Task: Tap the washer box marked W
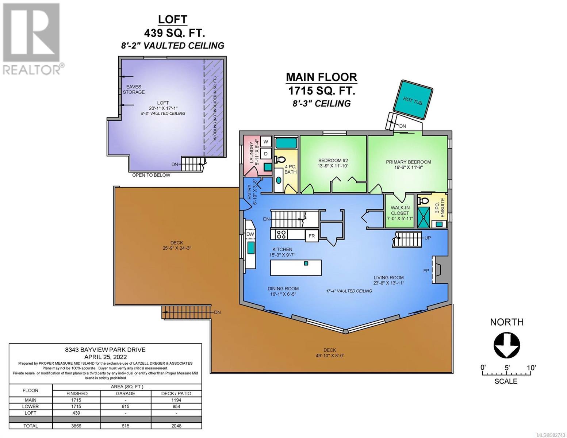click(266, 142)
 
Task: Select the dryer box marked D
click(266, 154)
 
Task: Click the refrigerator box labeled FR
click(311, 236)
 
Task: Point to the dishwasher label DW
click(250, 234)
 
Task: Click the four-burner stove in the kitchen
click(281, 234)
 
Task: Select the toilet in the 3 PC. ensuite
click(423, 201)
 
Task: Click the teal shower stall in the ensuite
click(423, 218)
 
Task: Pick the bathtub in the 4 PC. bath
click(286, 143)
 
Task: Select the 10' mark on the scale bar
click(530, 368)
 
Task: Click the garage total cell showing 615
click(126, 426)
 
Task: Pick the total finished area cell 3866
click(76, 426)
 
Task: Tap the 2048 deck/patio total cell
click(176, 426)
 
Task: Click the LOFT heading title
click(172, 20)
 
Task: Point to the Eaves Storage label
click(134, 89)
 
